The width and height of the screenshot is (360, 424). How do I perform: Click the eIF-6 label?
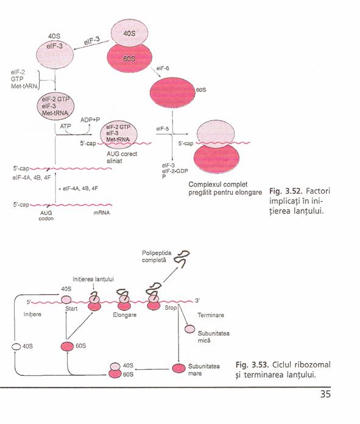163,68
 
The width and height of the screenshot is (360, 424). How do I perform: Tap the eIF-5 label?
162,129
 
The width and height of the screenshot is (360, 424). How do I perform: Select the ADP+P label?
90,119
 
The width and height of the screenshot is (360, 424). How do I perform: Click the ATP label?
65,126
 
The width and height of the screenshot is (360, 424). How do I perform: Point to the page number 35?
325,394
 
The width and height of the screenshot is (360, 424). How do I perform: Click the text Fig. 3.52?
285,191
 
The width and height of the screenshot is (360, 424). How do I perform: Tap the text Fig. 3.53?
252,365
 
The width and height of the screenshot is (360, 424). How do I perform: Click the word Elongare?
125,315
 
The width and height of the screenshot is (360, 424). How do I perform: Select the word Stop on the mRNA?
171,308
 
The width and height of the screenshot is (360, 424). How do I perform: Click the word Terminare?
211,315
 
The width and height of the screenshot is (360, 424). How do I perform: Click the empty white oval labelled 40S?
16,347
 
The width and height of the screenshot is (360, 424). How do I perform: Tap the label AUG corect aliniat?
122,157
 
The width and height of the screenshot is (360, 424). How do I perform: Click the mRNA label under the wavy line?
102,213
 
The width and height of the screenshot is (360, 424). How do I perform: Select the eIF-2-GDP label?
175,171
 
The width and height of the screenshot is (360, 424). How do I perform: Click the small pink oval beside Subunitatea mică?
189,329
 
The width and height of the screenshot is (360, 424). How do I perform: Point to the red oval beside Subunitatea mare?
179,369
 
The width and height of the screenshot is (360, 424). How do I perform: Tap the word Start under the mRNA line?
71,308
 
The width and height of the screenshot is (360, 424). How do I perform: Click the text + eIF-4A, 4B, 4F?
78,188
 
